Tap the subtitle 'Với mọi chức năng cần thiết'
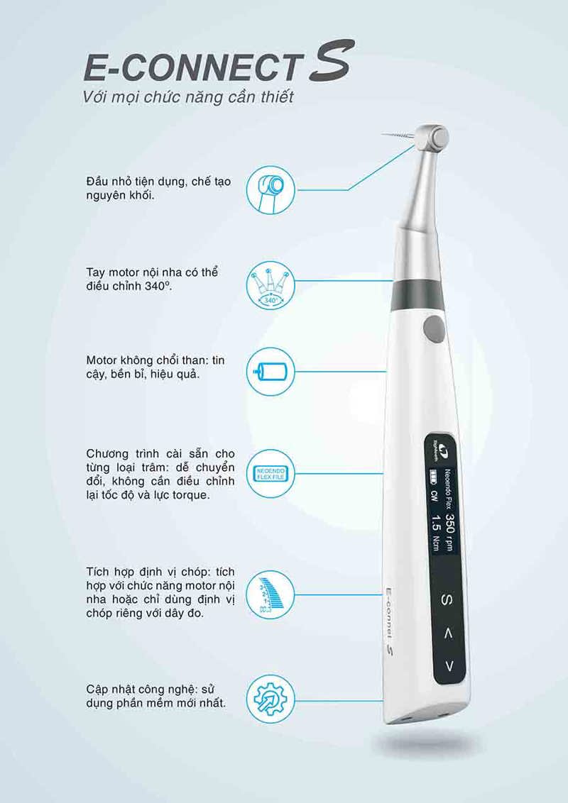187,97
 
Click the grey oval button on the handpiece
430,328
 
